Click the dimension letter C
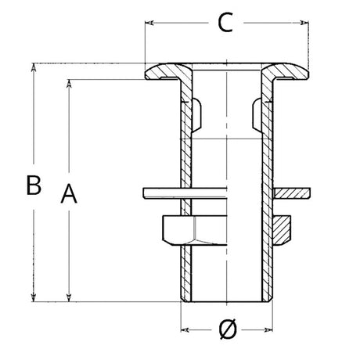[x=225, y=23]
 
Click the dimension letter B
[x=34, y=185]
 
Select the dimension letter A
[x=69, y=193]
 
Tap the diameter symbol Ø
[x=228, y=329]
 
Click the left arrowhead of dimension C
[x=149, y=23]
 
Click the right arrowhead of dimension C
[x=304, y=23]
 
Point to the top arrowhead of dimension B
[x=34, y=67]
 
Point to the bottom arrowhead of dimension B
[x=34, y=297]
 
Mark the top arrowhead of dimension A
[x=69, y=84]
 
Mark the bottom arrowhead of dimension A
[x=69, y=297]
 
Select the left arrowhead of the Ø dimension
[x=185, y=330]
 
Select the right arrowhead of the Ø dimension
[x=268, y=330]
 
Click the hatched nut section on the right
[x=282, y=230]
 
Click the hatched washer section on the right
[x=291, y=193]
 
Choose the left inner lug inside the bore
[x=196, y=114]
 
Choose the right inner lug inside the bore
[x=257, y=114]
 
